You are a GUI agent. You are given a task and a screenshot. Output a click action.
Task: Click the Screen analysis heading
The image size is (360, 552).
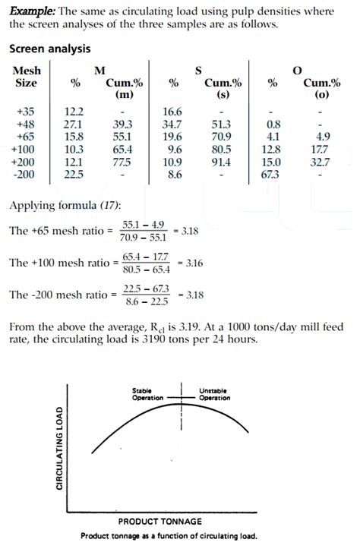click(50, 49)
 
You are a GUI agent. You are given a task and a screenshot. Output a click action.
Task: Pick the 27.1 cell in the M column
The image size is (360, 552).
click(74, 124)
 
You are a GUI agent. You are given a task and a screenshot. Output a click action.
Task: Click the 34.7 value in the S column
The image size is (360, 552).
click(173, 124)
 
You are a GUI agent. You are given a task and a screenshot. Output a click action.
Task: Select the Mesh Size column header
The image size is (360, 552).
click(27, 76)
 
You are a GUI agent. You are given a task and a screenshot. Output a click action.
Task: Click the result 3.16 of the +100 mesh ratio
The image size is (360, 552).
click(191, 263)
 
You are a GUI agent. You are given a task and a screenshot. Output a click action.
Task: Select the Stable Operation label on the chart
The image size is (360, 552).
click(148, 394)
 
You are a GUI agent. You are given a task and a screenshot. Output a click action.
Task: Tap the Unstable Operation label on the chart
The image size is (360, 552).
click(215, 394)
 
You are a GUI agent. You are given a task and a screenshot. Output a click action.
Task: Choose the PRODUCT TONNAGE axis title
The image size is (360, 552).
click(160, 522)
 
